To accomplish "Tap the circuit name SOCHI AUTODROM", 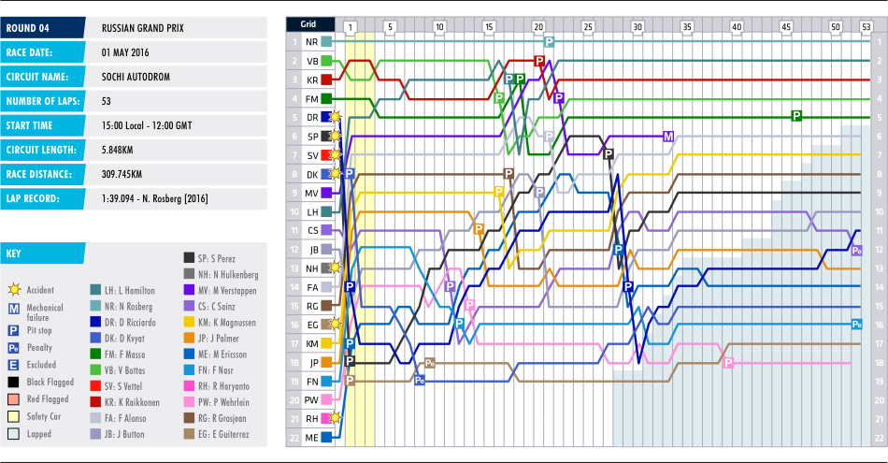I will (136, 76).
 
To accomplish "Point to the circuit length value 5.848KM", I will (122, 149).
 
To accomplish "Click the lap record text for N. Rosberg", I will (154, 198).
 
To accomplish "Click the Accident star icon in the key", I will (14, 290).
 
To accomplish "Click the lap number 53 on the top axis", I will (866, 27).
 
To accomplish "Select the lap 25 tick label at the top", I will (587, 27).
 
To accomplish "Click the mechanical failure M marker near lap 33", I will (668, 137).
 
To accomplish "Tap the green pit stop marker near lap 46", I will (796, 116).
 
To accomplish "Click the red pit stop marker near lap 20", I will (539, 60).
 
